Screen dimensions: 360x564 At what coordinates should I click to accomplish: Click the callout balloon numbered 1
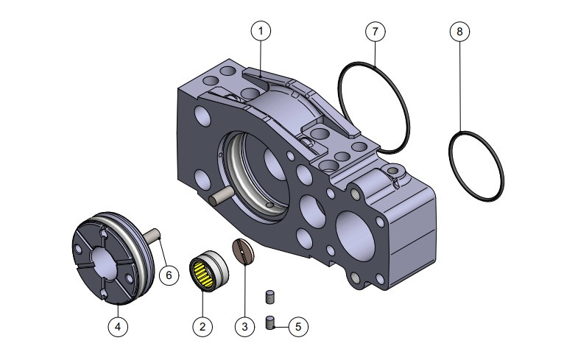pos(261,30)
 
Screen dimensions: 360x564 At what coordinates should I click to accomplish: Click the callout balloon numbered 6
pos(169,275)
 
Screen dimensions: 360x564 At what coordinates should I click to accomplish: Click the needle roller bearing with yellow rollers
pos(209,272)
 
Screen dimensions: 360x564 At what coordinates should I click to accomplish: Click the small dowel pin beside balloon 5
pos(270,322)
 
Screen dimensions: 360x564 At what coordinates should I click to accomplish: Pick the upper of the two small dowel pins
pos(269,297)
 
